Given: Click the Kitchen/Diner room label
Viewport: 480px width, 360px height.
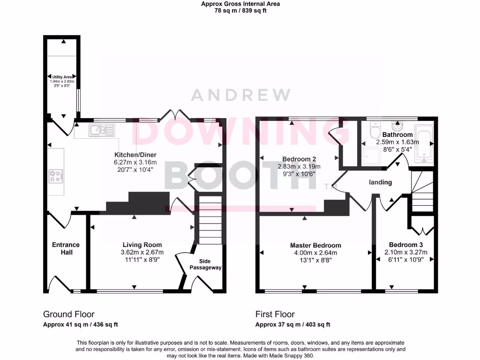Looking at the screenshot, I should pos(135,155).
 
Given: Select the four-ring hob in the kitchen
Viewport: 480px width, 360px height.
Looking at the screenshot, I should pos(55,177).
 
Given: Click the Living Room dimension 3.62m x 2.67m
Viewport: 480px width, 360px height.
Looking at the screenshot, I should pos(142,252).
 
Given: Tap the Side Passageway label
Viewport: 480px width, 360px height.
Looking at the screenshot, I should pos(205,264).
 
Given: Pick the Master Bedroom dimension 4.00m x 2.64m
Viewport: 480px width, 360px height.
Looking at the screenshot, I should pos(315,253).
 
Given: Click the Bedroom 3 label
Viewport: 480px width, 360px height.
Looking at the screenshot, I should pos(406,245).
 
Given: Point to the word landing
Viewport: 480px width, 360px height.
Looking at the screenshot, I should pos(380,182).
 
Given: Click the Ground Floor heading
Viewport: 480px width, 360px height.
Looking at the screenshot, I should pos(69,314).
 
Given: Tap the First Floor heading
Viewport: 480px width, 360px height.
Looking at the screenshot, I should pos(275,314).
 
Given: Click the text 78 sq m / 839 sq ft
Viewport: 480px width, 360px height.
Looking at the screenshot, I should pos(240,11).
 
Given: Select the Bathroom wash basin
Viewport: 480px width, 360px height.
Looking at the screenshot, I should pos(397,127).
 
